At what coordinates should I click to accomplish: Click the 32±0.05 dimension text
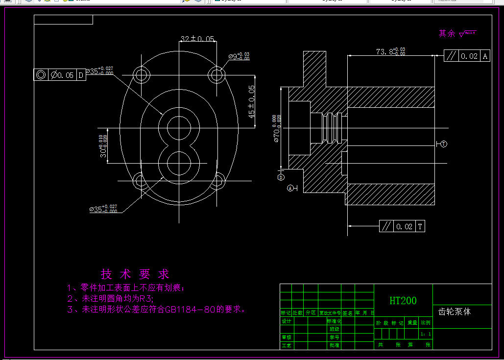198,39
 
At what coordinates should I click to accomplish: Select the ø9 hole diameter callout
239,56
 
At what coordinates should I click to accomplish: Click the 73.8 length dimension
390,51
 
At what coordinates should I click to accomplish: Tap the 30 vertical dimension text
103,146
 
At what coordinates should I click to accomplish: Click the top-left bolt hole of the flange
142,75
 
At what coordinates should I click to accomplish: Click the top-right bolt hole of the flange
216,75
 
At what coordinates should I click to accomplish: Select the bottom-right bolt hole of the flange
216,181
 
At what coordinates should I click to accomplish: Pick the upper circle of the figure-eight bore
179,128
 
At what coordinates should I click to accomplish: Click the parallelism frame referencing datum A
467,56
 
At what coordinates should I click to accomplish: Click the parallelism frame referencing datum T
402,226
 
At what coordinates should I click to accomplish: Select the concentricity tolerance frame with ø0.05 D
59,75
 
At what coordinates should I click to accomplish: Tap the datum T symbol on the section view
443,144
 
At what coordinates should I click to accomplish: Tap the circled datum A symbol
291,188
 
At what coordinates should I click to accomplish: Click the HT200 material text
403,301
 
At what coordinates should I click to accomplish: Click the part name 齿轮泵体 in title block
455,312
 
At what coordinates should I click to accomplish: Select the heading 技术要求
135,274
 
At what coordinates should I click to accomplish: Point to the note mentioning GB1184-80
156,310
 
